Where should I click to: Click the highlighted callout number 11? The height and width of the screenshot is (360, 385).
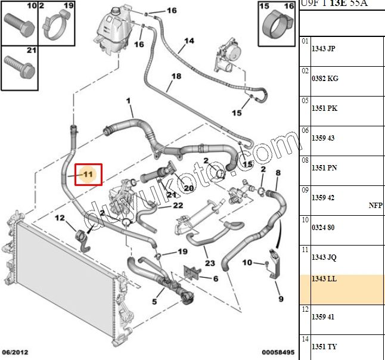pyautogui.click(x=88, y=175)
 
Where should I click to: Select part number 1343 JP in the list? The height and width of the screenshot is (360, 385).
pyautogui.click(x=324, y=49)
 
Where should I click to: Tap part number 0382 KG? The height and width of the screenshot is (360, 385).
pyautogui.click(x=325, y=79)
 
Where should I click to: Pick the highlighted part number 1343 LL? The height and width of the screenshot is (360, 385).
pyautogui.click(x=324, y=279)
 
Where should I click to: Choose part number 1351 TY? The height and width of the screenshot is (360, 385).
pyautogui.click(x=324, y=347)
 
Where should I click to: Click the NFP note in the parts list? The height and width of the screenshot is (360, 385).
pyautogui.click(x=375, y=205)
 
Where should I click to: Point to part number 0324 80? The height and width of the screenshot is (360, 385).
pyautogui.click(x=324, y=228)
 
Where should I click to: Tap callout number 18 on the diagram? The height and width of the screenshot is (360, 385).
pyautogui.click(x=176, y=76)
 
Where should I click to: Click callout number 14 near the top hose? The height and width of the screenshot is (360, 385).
pyautogui.click(x=189, y=41)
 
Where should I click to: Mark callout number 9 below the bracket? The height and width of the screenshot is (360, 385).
pyautogui.click(x=280, y=299)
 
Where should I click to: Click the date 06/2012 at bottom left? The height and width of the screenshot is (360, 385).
pyautogui.click(x=15, y=353)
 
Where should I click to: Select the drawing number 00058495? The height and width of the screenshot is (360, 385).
pyautogui.click(x=277, y=353)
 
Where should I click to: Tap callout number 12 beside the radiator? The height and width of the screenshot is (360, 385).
pyautogui.click(x=60, y=218)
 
